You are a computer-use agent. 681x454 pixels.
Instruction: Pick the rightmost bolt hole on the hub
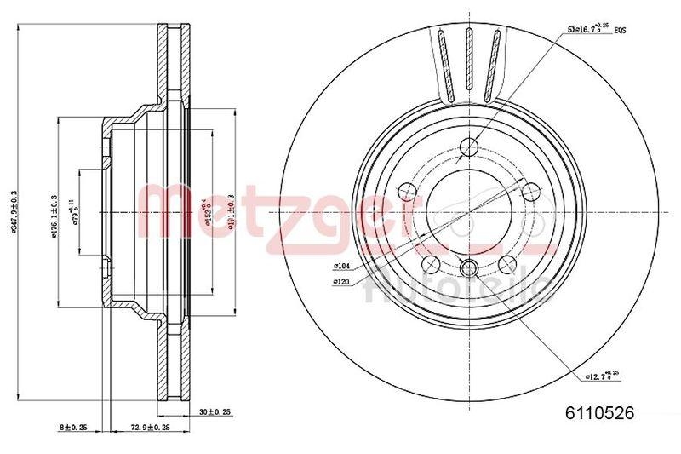tap(528, 192)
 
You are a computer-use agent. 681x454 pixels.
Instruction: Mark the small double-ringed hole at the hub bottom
tap(467, 269)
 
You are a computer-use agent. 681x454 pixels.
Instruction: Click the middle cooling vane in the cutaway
tap(468, 60)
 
